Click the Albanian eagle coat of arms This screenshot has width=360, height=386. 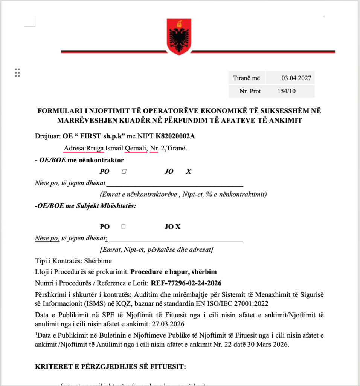(179, 37)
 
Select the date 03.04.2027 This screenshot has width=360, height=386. (296, 78)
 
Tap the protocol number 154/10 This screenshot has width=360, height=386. (289, 91)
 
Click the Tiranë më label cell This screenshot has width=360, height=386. (247, 78)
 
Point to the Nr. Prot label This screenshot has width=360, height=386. (250, 91)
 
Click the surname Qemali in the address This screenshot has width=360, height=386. (136, 148)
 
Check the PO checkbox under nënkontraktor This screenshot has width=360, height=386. (124, 172)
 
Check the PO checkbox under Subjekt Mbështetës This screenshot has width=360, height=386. (124, 227)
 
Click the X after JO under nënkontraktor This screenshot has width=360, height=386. (189, 172)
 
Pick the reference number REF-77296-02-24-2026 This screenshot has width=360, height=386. (186, 283)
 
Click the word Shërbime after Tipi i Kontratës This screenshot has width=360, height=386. (99, 261)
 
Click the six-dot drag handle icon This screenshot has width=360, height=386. (17, 73)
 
